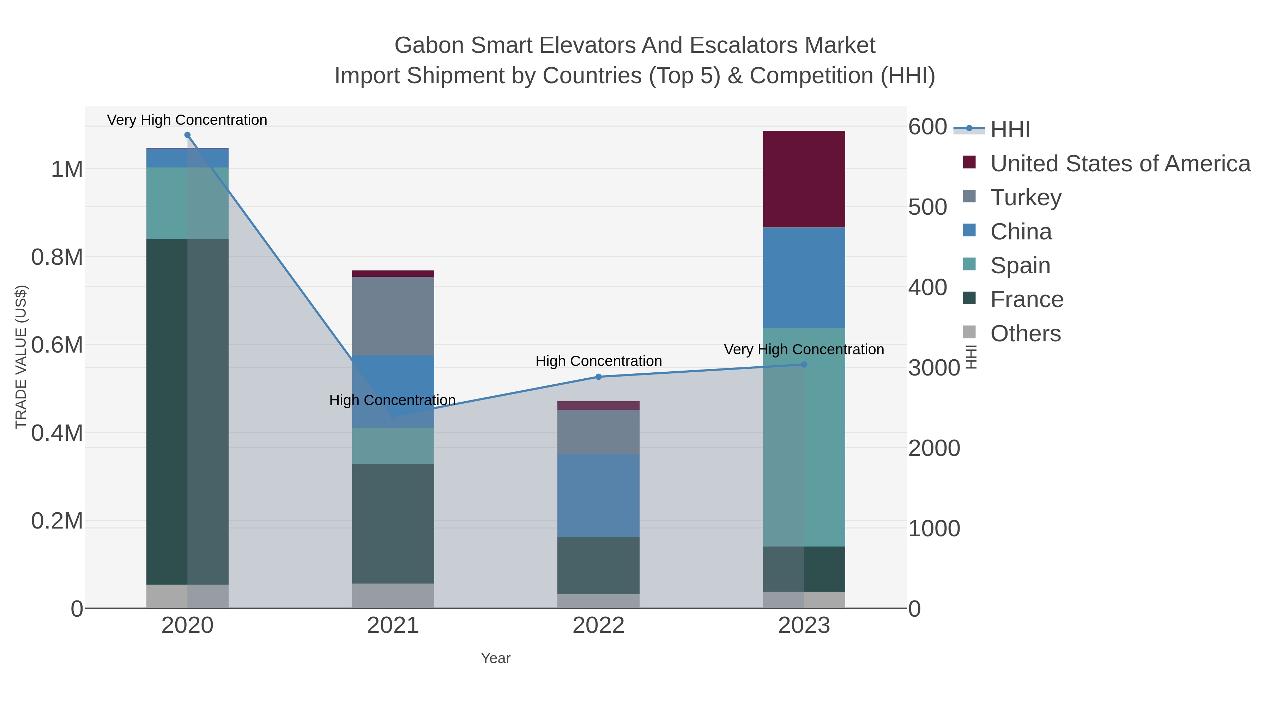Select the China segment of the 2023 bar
[804, 277]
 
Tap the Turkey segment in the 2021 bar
[393, 316]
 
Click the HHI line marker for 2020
[187, 135]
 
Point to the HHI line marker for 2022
[599, 377]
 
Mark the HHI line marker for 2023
[804, 365]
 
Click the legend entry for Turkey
[1026, 197]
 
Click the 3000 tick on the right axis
[934, 368]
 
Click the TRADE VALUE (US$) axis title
[21, 357]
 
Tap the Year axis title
[496, 658]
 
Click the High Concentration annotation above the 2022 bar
[599, 361]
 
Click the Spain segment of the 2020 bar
[187, 203]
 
